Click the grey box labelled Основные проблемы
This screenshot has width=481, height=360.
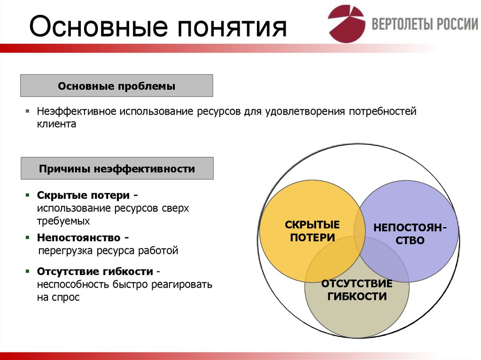pyautogui.click(x=116, y=86)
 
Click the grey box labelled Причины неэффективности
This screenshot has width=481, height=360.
pyautogui.click(x=116, y=169)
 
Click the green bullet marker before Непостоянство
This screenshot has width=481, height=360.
pyautogui.click(x=28, y=238)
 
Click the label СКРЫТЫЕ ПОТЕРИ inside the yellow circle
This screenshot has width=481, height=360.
pyautogui.click(x=312, y=231)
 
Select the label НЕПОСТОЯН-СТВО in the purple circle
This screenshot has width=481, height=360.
pyautogui.click(x=410, y=234)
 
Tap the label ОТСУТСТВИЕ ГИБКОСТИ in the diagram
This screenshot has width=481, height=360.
pyautogui.click(x=357, y=290)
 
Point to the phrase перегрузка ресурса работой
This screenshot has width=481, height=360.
pyautogui.click(x=108, y=251)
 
